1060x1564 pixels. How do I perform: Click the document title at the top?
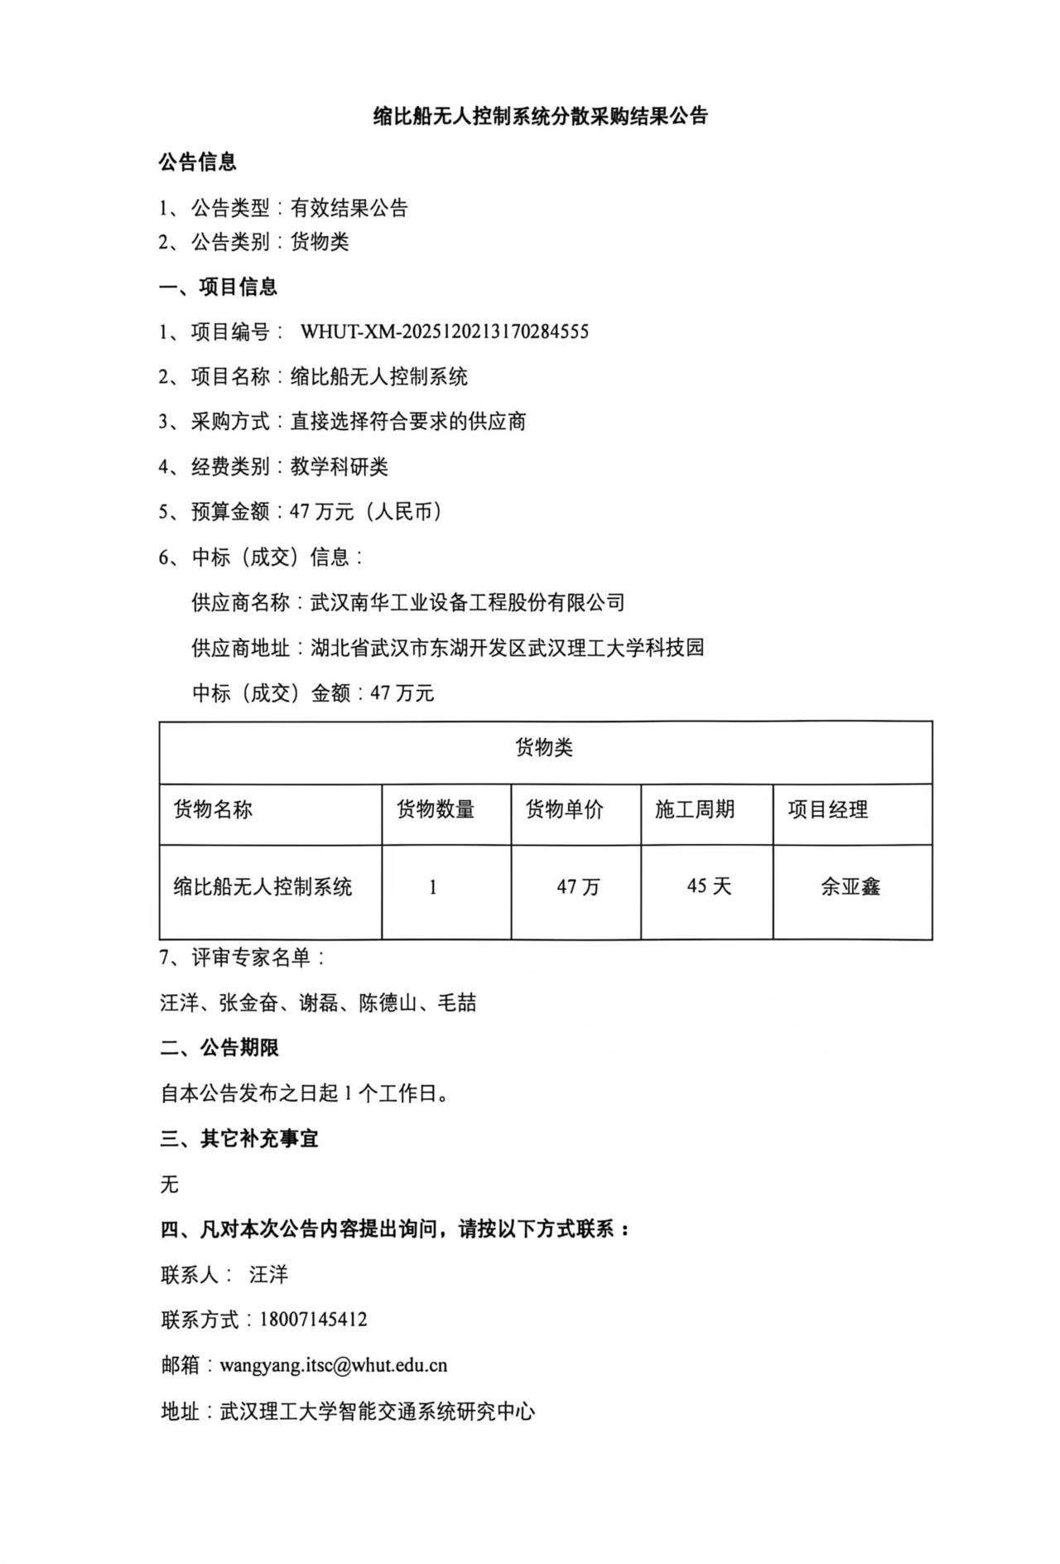(x=540, y=117)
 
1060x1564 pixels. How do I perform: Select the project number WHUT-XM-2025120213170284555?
(x=444, y=332)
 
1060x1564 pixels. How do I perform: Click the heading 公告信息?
(x=198, y=162)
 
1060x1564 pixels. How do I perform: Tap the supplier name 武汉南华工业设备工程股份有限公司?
(x=467, y=602)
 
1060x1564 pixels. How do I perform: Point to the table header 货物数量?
(x=436, y=809)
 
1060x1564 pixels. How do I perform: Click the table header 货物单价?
(x=565, y=809)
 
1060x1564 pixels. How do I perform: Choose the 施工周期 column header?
(x=695, y=809)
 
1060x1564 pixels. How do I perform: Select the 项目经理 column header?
(x=827, y=809)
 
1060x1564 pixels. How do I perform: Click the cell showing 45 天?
(x=709, y=886)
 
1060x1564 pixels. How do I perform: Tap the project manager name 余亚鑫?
(x=850, y=886)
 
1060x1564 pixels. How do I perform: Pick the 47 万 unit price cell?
(x=578, y=887)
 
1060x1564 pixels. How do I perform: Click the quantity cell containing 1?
(x=433, y=887)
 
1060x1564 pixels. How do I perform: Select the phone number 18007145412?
(x=313, y=1320)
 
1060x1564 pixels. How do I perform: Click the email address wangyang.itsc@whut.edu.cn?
(x=333, y=1365)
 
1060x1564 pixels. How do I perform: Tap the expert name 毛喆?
(x=457, y=1003)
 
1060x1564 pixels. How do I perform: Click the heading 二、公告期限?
(x=219, y=1048)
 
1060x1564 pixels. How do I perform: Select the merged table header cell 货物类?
(x=544, y=748)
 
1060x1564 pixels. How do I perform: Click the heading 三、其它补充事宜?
(x=239, y=1139)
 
